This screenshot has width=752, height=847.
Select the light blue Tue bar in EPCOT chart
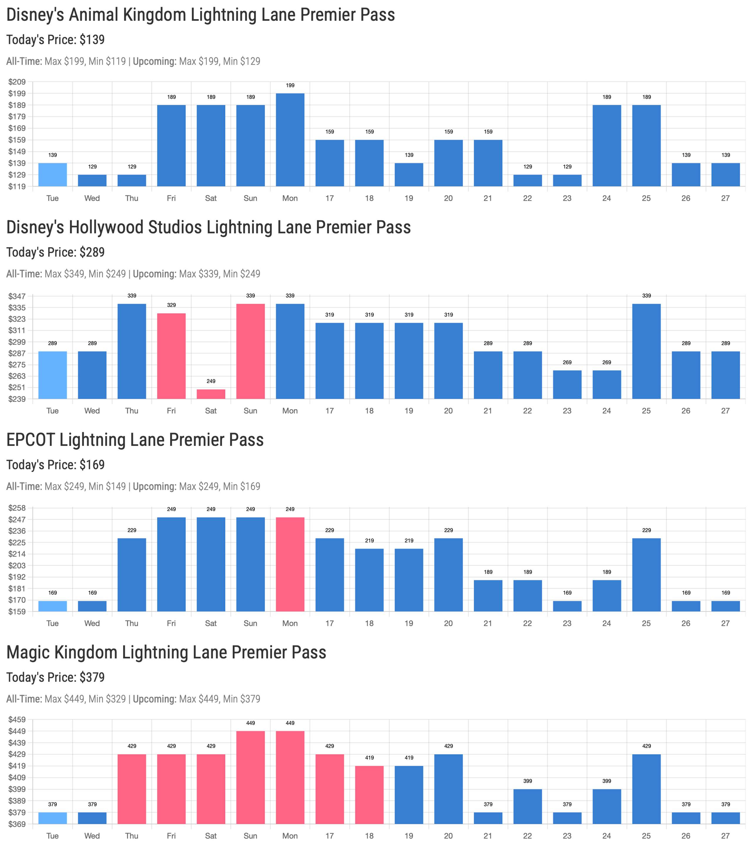coord(53,606)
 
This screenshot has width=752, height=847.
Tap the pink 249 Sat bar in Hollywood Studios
coord(211,394)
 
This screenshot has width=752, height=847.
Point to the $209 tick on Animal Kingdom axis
coord(17,82)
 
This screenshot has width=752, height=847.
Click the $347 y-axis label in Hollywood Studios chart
coord(17,296)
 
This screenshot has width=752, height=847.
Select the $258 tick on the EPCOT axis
coord(17,508)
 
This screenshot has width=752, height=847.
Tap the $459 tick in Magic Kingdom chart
coord(17,720)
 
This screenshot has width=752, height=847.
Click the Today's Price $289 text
coord(56,252)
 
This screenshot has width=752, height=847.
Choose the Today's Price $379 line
coord(56,677)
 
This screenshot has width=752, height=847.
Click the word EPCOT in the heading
coord(30,440)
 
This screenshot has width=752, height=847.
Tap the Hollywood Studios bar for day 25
coord(646,351)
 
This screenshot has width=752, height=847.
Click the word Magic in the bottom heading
coord(28,653)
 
